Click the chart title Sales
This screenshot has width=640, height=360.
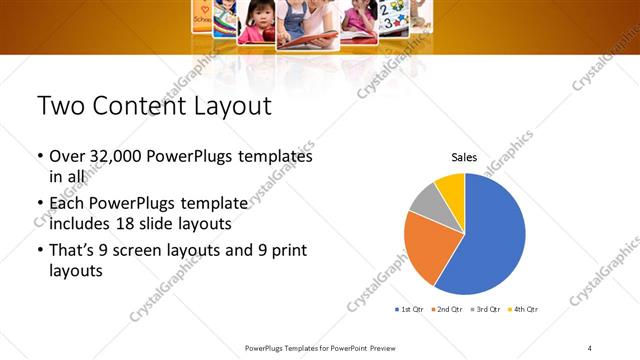tap(464, 157)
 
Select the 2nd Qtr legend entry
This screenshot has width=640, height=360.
tap(447, 309)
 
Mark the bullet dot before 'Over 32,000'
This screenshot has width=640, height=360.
tap(40, 157)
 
